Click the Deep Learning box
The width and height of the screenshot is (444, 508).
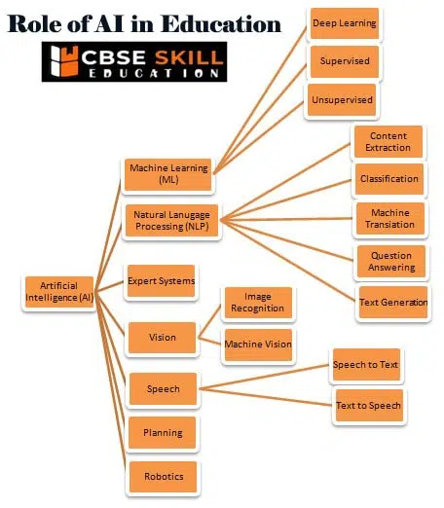click(x=345, y=23)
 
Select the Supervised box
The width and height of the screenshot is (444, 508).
click(x=345, y=61)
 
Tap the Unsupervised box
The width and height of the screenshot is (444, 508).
click(x=342, y=100)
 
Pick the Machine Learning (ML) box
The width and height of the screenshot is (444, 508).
click(x=168, y=174)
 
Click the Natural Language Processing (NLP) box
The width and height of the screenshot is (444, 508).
click(x=171, y=221)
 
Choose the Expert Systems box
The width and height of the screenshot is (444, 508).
click(x=161, y=281)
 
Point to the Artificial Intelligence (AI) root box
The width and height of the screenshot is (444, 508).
click(x=59, y=292)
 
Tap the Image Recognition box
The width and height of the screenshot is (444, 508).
click(x=258, y=303)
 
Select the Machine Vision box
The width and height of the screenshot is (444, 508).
click(x=258, y=345)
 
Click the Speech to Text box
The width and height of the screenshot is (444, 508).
click(x=366, y=365)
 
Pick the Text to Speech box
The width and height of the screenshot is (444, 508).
click(x=369, y=406)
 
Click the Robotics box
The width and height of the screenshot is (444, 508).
click(x=164, y=477)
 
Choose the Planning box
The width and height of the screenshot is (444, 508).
click(x=163, y=433)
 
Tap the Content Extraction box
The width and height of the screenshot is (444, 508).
click(x=388, y=142)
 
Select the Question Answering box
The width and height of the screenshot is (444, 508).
click(x=391, y=262)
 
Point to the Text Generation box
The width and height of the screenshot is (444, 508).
click(x=393, y=303)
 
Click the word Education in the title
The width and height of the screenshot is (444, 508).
click(x=221, y=24)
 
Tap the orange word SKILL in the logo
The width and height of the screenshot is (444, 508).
click(x=189, y=57)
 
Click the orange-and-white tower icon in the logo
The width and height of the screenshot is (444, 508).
click(x=65, y=61)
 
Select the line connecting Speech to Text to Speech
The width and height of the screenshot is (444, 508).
click(x=266, y=397)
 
